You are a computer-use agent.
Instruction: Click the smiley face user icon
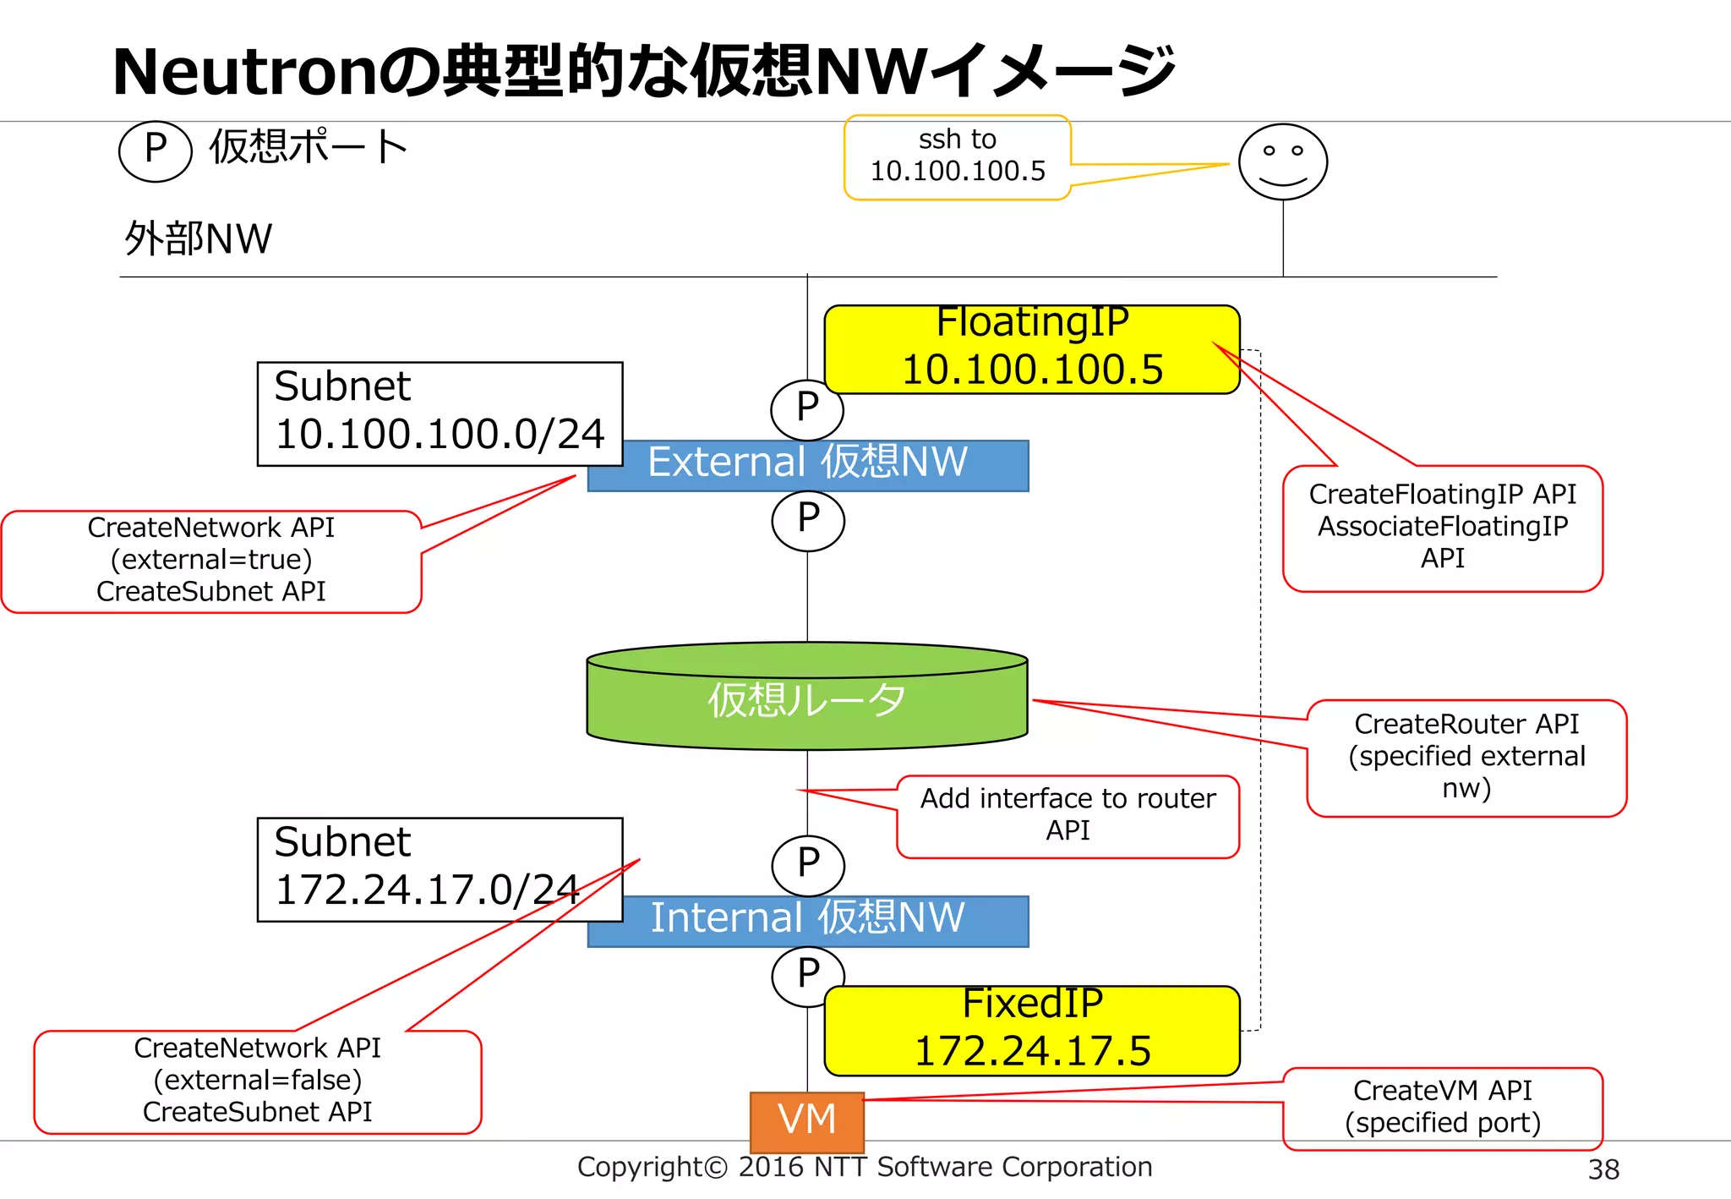point(1282,162)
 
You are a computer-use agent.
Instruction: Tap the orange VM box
point(807,1121)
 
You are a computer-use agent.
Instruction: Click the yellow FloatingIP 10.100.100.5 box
point(1032,349)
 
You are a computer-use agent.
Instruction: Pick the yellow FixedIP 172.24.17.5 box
point(1032,1031)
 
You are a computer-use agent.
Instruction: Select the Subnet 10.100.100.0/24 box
point(440,413)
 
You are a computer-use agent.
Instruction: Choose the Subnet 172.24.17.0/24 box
point(440,868)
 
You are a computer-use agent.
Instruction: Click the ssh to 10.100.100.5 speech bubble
point(958,157)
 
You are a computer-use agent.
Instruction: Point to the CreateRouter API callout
point(1466,758)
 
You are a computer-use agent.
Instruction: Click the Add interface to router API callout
point(1068,816)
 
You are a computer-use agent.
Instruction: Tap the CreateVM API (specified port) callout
point(1442,1108)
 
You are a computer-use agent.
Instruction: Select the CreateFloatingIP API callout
point(1442,528)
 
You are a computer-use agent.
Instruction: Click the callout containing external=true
point(211,561)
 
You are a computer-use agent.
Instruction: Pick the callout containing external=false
point(258,1081)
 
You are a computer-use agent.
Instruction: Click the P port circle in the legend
point(156,151)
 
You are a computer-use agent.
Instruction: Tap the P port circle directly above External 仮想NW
point(806,408)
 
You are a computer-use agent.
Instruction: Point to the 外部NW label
point(199,239)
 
